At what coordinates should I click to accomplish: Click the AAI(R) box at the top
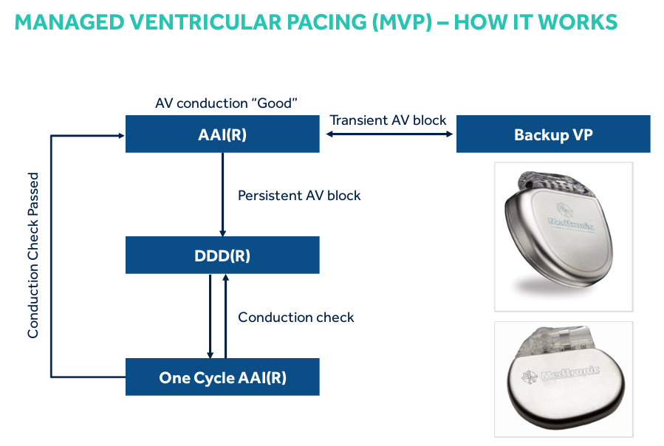click(x=222, y=134)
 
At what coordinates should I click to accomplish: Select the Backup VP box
click(x=552, y=134)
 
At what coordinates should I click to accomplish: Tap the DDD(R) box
click(x=222, y=255)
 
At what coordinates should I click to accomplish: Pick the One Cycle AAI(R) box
click(x=222, y=377)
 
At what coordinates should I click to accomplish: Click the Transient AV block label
click(x=388, y=120)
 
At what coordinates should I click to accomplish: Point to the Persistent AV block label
click(x=299, y=196)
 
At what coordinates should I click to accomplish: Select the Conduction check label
click(x=295, y=317)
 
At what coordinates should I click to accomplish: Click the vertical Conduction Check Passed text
click(x=33, y=255)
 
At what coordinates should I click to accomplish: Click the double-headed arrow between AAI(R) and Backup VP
click(x=388, y=134)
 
